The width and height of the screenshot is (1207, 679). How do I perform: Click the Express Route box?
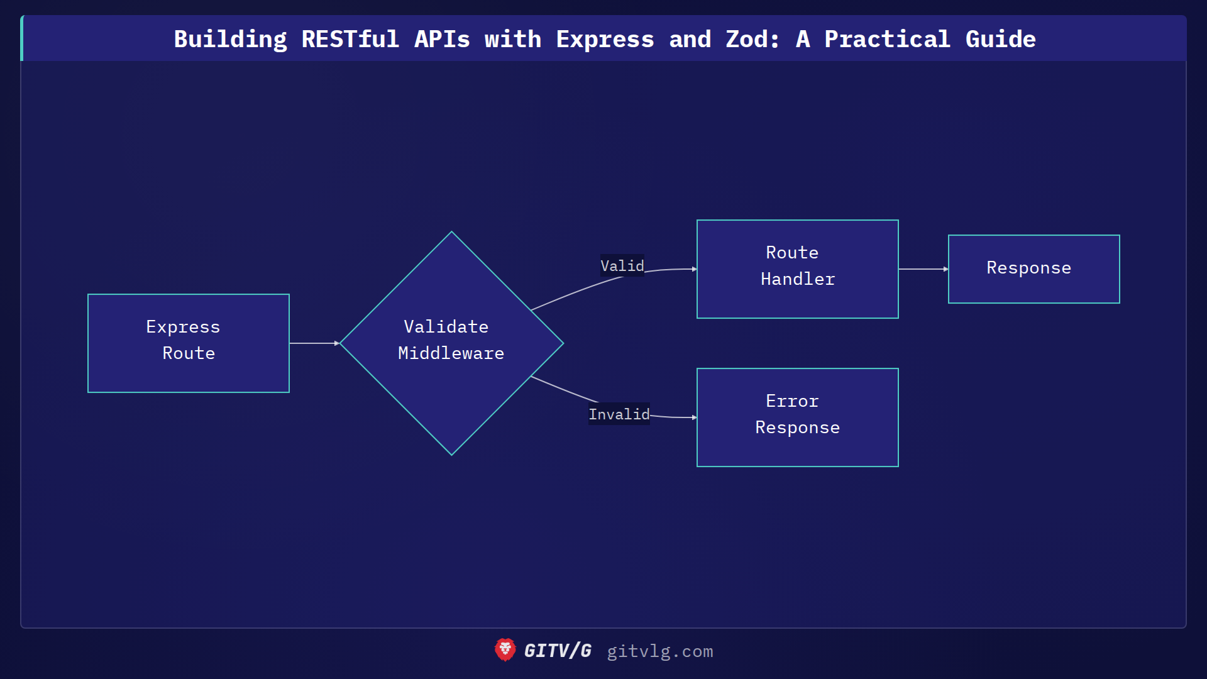(x=189, y=343)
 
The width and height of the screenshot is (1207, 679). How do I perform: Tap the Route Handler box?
(x=797, y=268)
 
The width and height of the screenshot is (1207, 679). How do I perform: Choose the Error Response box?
(x=797, y=417)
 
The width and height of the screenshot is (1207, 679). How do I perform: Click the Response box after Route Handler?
(x=1033, y=268)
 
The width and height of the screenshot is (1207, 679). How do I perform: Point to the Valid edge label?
(x=622, y=265)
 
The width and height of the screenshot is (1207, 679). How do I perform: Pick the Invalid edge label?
(x=619, y=414)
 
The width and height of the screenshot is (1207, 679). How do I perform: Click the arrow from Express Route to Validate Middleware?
(x=313, y=343)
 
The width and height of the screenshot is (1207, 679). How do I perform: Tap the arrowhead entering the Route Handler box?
(x=694, y=269)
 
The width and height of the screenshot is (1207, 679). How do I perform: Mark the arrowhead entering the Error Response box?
(x=694, y=417)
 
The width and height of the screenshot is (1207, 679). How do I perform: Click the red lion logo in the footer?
(x=505, y=650)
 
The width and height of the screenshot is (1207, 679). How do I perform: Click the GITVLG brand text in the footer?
(x=558, y=651)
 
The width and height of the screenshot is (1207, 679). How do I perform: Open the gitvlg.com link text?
(x=659, y=651)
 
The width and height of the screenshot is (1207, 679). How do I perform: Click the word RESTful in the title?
(x=350, y=39)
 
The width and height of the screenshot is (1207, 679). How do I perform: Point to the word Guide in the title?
(x=1000, y=39)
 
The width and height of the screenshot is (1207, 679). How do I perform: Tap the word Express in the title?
(x=605, y=39)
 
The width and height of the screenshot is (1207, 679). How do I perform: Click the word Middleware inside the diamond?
(x=451, y=353)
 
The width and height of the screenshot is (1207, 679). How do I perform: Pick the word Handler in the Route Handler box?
(x=797, y=279)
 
